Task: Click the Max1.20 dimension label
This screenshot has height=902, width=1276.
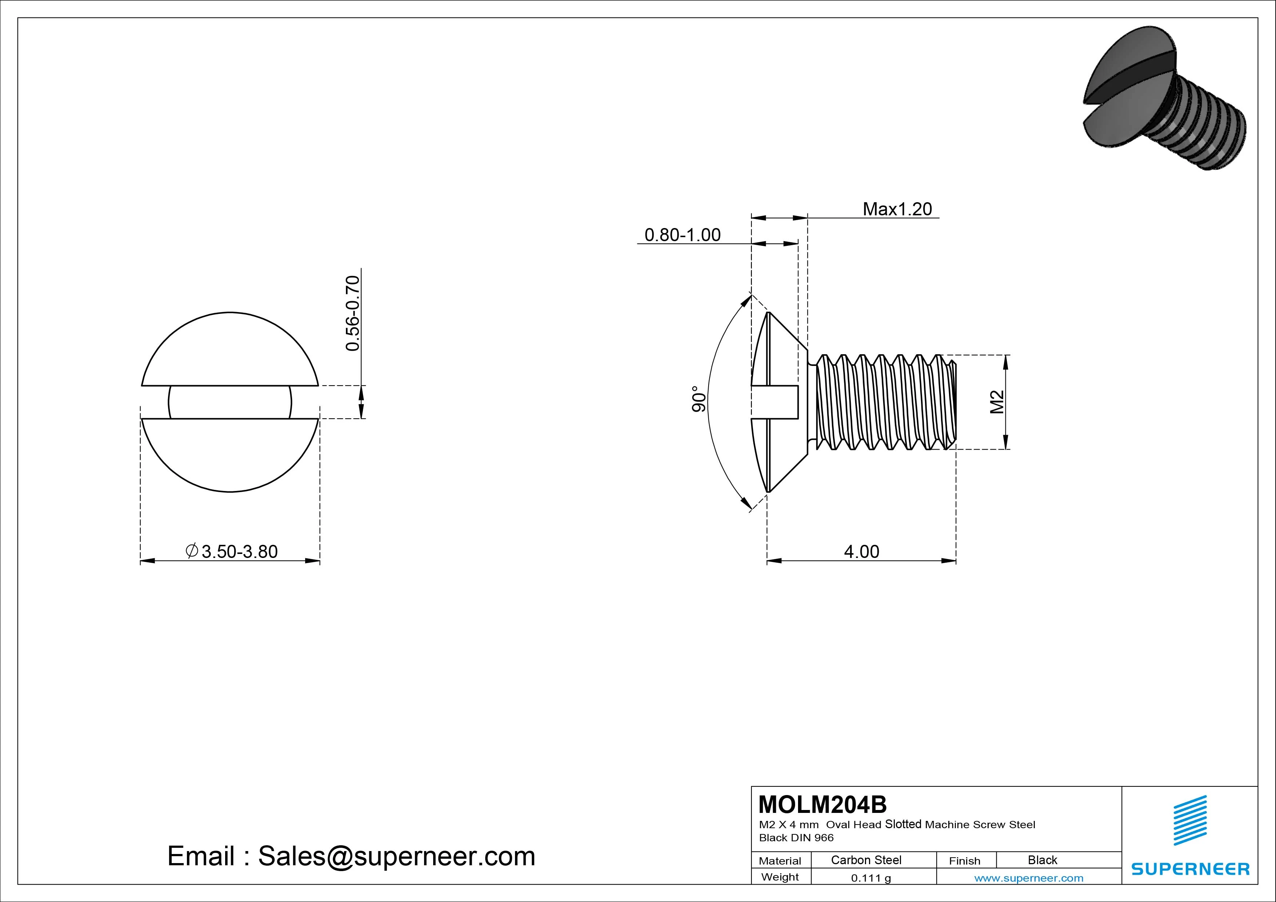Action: click(897, 209)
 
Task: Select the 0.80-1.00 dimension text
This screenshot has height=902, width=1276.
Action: click(682, 235)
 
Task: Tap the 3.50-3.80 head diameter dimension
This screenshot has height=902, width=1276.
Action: click(239, 551)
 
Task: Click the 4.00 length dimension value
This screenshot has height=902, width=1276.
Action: click(861, 551)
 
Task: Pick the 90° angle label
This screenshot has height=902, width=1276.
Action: click(699, 399)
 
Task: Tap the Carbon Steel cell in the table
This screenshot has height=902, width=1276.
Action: click(866, 860)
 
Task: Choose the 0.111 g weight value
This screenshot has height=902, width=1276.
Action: click(871, 878)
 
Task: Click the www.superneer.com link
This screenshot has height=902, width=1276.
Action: click(1029, 878)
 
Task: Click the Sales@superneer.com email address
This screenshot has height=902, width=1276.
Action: click(396, 856)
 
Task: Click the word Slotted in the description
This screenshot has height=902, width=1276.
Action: click(903, 824)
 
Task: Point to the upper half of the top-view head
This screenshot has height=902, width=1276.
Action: click(230, 350)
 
